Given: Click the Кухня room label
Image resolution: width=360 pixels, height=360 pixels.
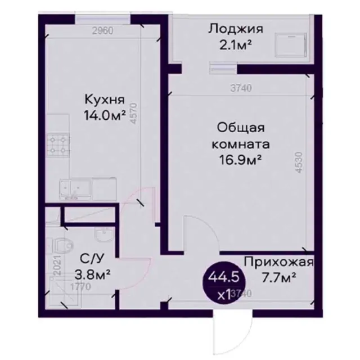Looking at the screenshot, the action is coord(105,100).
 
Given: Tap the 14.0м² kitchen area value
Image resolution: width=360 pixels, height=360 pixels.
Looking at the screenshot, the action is coord(105,115).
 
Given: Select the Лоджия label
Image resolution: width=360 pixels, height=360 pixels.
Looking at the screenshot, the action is coord(236,29).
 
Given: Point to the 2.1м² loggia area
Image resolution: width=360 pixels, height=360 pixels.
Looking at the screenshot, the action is coord(236,45).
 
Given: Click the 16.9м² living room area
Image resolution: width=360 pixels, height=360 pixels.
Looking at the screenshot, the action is coord(241,160).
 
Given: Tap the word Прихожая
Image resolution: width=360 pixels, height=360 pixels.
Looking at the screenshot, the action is coord(279,262).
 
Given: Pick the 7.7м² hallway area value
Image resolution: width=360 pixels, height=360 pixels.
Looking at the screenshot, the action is coord(279,278).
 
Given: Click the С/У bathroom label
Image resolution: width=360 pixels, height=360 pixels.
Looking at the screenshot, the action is coord(92,259).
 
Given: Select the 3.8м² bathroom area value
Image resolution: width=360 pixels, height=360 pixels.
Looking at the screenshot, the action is coord(92,274).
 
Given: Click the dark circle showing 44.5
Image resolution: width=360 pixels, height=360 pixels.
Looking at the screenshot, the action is coord(224,283).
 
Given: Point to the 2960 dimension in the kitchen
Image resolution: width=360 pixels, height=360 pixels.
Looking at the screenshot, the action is coord(102,31).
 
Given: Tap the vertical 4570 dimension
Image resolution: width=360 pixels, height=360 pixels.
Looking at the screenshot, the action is coord(134,114).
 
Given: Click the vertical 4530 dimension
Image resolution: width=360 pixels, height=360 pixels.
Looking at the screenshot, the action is coord(299,162).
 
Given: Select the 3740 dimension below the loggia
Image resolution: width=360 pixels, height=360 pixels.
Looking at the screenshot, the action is coord(241,88).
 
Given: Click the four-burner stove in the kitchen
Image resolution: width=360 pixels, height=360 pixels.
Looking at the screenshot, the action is coord(58,145).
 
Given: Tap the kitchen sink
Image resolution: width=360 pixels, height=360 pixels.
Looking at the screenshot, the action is coord(75,190).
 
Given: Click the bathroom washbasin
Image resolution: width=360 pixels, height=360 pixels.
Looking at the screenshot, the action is coord(103,234).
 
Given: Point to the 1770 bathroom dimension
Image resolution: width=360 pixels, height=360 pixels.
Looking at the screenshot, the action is coord(80,286).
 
